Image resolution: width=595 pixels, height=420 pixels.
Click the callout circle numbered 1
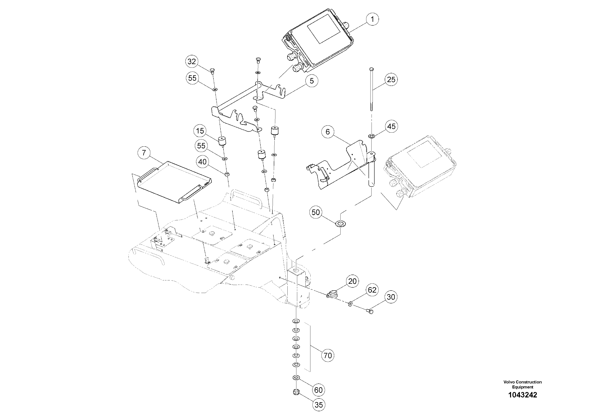372,19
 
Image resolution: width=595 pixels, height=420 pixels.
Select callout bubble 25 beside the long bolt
391,79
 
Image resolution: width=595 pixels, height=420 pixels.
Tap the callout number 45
391,126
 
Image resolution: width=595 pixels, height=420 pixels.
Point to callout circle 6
328,132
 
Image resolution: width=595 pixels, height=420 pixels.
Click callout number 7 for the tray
144,153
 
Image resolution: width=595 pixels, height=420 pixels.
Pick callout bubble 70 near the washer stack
328,355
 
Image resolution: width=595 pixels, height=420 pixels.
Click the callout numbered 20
352,281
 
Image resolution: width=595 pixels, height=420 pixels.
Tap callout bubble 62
372,290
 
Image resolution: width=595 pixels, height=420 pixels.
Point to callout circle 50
316,212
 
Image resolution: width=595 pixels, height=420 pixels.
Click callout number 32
192,62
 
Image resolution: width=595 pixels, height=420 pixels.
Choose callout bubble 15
200,131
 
